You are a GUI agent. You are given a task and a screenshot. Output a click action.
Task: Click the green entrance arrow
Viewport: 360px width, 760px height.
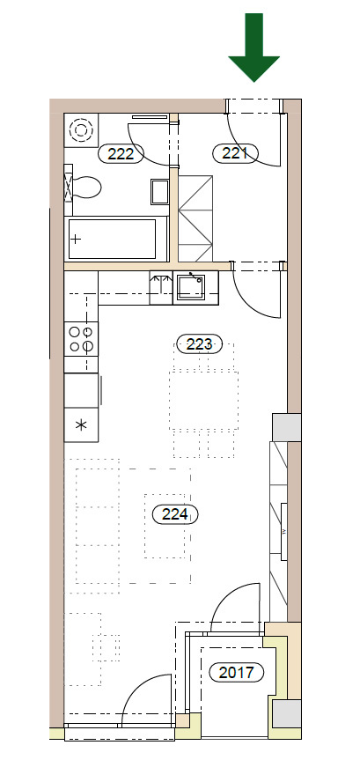[x=253, y=47]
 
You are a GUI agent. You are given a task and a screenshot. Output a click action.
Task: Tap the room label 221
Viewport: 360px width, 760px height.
[x=235, y=153]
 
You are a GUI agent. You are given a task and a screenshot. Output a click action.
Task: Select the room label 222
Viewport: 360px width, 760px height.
[x=121, y=154]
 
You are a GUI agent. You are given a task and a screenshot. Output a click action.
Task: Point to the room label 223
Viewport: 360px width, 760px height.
[x=200, y=344]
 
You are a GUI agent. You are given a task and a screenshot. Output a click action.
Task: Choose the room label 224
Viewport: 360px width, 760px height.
[x=175, y=513]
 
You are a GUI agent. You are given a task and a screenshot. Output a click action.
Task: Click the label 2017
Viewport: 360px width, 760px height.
[x=237, y=672]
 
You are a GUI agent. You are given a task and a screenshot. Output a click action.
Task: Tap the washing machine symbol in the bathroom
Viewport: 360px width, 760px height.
[x=81, y=130]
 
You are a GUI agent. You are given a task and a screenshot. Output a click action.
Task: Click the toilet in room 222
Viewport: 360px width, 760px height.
[x=83, y=187]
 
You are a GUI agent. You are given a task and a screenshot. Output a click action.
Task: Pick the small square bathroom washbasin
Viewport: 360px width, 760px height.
[x=159, y=191]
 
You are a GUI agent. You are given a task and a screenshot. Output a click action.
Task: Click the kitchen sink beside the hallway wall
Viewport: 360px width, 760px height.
[x=190, y=287]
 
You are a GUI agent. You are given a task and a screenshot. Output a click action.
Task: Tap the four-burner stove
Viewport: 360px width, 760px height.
[x=81, y=339]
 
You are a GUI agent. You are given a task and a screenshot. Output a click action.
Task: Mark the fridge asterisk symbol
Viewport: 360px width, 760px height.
[x=81, y=425]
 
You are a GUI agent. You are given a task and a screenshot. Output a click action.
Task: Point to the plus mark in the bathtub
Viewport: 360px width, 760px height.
[x=76, y=240]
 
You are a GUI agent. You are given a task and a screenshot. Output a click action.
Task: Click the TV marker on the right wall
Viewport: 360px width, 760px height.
[x=283, y=531]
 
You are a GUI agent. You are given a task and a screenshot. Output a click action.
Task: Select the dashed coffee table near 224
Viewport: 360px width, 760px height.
[x=165, y=526]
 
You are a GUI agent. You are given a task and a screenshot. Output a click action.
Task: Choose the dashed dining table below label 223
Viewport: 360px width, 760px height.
[x=203, y=401]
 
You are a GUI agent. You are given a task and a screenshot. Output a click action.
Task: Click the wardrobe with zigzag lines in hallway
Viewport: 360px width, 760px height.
[x=195, y=218]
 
